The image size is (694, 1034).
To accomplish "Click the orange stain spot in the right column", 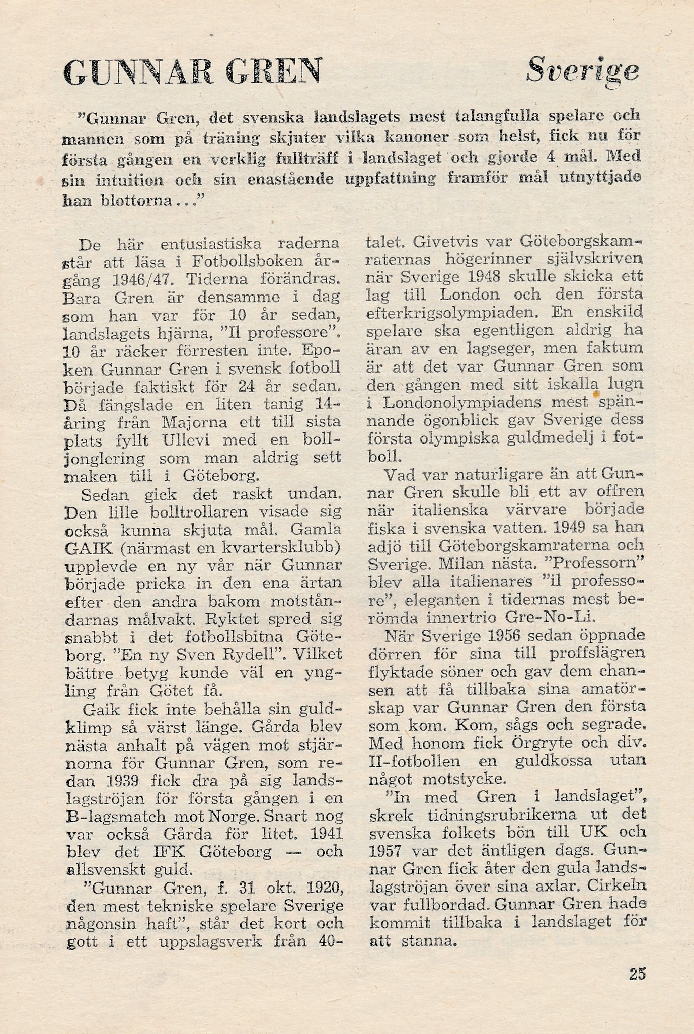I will [x=595, y=395].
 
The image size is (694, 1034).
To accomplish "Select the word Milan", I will [x=461, y=563].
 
